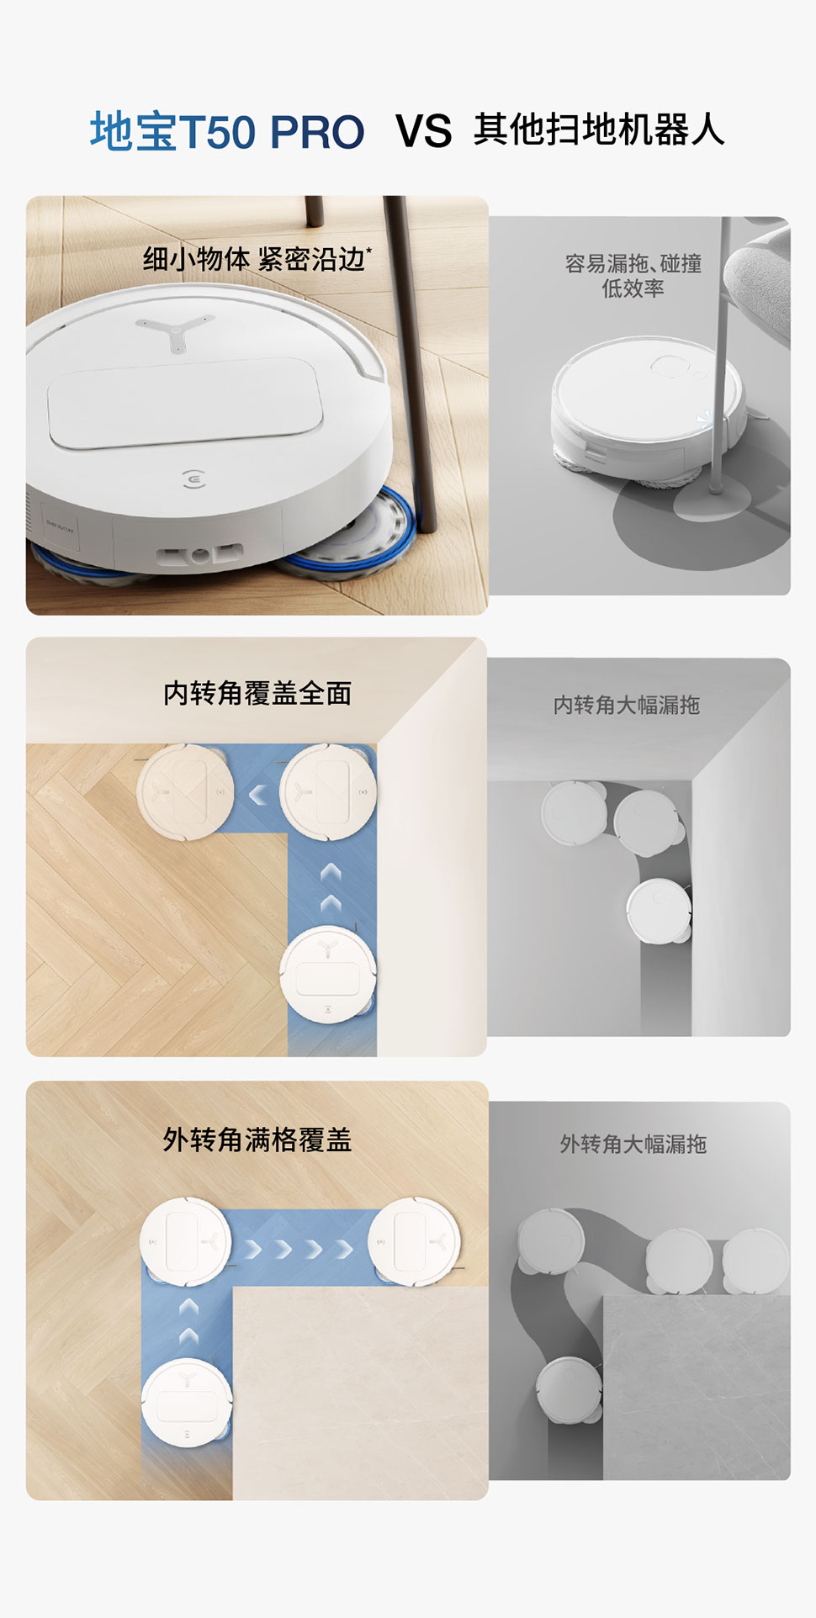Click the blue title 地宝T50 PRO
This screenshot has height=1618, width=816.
click(227, 132)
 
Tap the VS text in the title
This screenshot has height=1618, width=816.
click(424, 132)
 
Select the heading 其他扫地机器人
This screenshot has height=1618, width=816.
click(599, 130)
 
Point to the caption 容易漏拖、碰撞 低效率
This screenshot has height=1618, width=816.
click(633, 276)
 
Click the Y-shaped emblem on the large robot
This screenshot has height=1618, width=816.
click(175, 331)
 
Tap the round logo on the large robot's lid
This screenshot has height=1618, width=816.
click(194, 479)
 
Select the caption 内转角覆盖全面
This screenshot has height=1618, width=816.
click(257, 694)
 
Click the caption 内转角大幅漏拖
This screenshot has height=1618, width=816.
click(627, 705)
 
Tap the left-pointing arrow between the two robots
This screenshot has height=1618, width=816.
click(258, 793)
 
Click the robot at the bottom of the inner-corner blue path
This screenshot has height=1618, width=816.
click(327, 975)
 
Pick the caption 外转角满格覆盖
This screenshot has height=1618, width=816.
click(257, 1140)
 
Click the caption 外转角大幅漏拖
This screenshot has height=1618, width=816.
click(633, 1145)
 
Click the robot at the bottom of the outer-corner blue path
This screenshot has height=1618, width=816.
click(187, 1402)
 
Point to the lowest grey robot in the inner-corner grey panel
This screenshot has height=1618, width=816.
click(660, 912)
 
